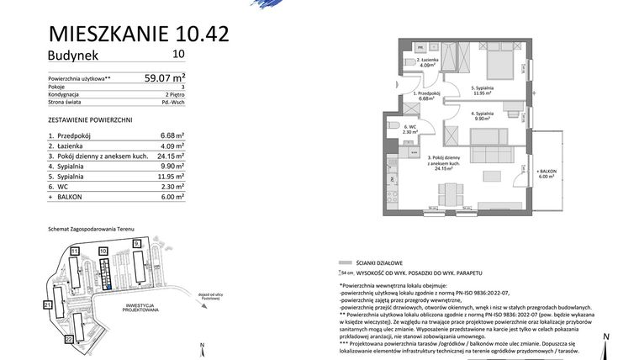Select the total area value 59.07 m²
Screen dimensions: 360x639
165,78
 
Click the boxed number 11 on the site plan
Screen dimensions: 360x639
74,251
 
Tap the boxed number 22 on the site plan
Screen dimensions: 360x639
69,339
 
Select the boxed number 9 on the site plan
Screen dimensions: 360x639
136,243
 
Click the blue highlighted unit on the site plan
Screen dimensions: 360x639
108,286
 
